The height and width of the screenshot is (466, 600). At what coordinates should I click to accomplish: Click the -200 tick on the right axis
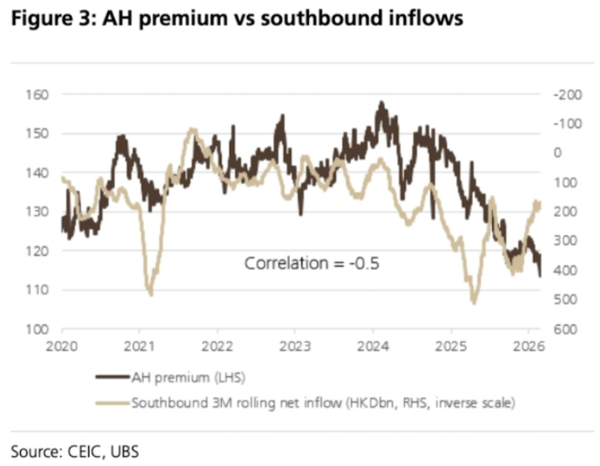tap(562, 95)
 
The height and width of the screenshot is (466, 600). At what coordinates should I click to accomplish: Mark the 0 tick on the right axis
tap(557, 153)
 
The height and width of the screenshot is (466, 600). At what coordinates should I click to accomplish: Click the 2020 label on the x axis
tap(62, 345)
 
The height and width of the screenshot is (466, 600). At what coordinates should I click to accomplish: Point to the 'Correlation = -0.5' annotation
tap(312, 263)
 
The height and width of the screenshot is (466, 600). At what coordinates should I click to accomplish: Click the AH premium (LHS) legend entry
tap(172, 377)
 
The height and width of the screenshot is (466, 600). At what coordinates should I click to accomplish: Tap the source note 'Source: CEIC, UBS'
tap(74, 450)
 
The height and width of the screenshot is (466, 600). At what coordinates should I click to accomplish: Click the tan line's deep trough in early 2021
tap(151, 295)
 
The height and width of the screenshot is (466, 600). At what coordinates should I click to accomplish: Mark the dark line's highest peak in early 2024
tap(381, 102)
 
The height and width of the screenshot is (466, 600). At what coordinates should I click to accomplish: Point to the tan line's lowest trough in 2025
tap(473, 302)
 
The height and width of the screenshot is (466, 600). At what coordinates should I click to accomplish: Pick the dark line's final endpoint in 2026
tap(539, 275)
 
